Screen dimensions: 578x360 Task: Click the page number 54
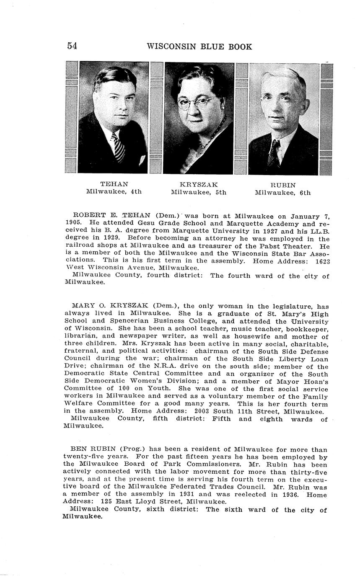[72, 46]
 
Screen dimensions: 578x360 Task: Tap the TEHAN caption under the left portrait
[114, 184]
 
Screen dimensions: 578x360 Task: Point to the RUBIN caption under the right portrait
[283, 185]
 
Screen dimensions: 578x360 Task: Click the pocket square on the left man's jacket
[142, 160]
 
